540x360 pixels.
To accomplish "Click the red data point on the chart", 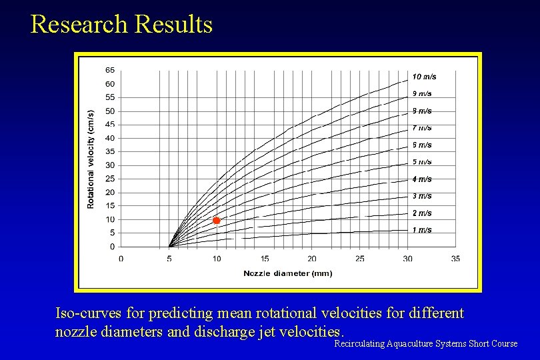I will (x=216, y=221).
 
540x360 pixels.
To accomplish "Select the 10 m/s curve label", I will (x=424, y=77).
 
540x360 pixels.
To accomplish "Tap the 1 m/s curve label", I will (x=421, y=230).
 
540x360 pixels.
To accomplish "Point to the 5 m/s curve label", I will (x=421, y=162).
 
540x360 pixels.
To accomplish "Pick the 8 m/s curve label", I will (x=421, y=111).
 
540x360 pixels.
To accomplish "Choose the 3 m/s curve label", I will (x=421, y=196).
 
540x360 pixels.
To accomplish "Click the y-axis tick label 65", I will (x=109, y=70).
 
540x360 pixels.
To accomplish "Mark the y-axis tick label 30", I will (x=109, y=165).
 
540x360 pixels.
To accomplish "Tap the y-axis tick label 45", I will (x=109, y=125).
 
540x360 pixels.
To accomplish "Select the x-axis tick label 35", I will (x=455, y=259).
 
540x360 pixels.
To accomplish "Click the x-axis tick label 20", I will (x=312, y=259).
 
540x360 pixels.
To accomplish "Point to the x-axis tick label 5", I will (x=169, y=259).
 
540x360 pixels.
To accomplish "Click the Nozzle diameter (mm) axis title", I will (x=287, y=273).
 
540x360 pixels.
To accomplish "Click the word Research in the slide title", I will (x=79, y=25).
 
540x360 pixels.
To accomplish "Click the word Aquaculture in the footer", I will (x=409, y=344).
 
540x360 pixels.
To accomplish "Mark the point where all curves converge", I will (x=169, y=247).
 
